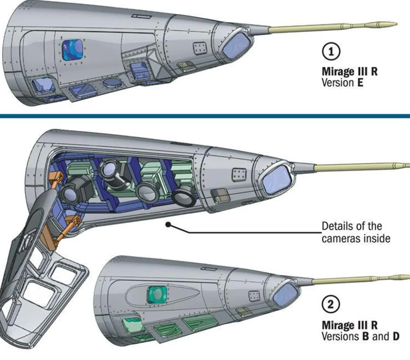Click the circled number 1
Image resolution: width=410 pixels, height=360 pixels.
330,52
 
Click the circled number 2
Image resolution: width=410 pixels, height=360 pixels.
330,304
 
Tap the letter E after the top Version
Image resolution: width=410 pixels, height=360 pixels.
360,82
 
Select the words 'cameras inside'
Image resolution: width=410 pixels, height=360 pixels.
356,239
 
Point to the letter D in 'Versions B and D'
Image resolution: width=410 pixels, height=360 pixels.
396,337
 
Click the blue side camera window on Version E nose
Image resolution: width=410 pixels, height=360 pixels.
73,50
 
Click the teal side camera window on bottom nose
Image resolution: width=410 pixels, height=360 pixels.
156,295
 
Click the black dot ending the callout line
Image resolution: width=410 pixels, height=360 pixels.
168,225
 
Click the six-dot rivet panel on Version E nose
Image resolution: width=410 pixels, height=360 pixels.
199,48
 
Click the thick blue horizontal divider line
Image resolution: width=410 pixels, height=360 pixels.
205,116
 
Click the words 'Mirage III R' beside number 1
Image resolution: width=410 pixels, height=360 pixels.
349,71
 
